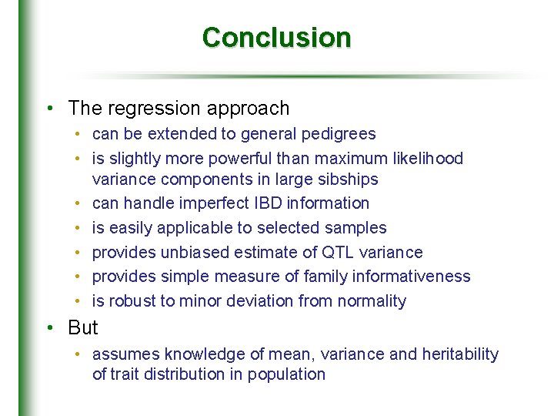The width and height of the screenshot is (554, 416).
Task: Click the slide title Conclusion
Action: (x=276, y=37)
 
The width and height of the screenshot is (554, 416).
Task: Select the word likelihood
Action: (x=426, y=159)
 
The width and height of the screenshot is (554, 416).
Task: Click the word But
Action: (x=83, y=328)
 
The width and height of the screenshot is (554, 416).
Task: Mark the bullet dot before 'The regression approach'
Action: (x=49, y=109)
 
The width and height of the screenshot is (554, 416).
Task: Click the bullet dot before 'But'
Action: (x=49, y=328)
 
